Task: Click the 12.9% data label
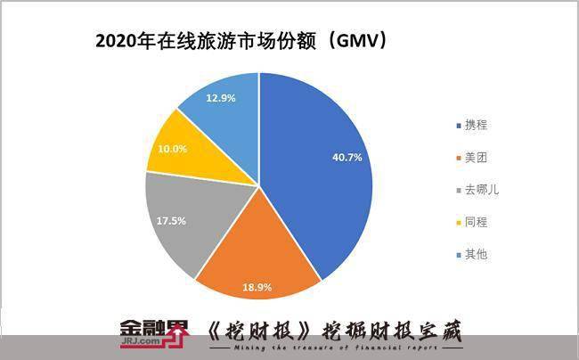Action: [219, 98]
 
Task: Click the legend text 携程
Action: [477, 125]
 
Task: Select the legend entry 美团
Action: [477, 157]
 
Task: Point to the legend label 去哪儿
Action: [480, 190]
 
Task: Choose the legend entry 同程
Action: [477, 222]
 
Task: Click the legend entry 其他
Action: [477, 255]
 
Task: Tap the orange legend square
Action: [458, 158]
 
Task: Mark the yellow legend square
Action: [458, 223]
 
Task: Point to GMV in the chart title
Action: [351, 41]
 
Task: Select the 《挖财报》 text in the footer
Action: [241, 329]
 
